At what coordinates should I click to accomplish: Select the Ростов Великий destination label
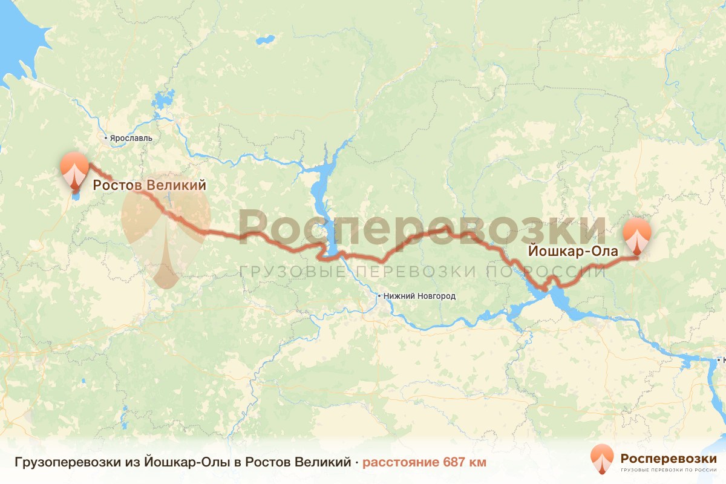click(149, 185)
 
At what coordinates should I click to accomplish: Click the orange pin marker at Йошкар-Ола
click(637, 235)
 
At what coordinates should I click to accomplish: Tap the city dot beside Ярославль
click(106, 138)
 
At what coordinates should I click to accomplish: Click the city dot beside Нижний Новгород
click(379, 296)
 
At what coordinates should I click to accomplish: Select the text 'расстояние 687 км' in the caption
click(424, 463)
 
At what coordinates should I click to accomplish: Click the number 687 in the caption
click(454, 463)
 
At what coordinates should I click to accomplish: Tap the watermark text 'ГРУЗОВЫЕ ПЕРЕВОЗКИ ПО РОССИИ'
click(422, 270)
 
